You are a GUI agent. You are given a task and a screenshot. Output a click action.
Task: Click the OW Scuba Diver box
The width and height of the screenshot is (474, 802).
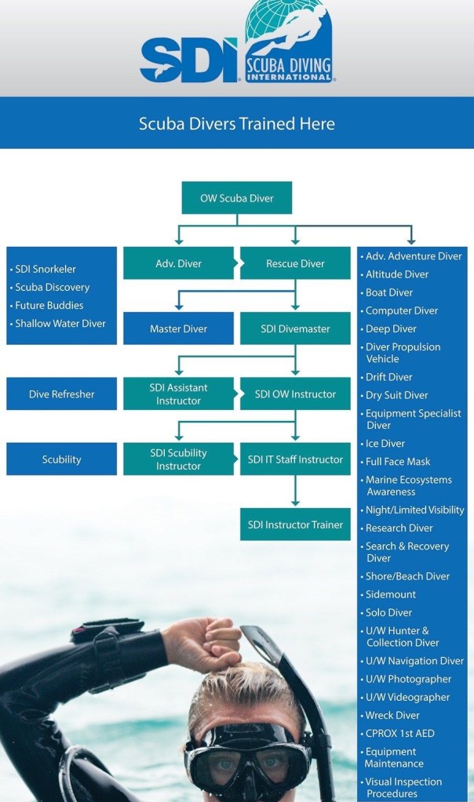[236, 198]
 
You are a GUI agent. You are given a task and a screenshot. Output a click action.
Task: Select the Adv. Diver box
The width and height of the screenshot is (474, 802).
[178, 263]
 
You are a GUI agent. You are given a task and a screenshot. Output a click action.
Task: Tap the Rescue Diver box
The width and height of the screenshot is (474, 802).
[295, 263]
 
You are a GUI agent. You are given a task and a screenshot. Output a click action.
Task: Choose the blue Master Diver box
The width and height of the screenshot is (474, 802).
[178, 328]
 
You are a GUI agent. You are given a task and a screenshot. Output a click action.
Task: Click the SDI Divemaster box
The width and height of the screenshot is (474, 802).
[295, 328]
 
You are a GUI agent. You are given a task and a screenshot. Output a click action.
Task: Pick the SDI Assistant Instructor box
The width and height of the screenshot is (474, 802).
[178, 394]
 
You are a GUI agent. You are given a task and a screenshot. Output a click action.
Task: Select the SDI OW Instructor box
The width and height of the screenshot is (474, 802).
[295, 394]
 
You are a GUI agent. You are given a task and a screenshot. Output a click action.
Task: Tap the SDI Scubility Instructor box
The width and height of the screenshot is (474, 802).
[178, 459]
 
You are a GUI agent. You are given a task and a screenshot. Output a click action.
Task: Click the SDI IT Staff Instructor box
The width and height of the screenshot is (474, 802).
[295, 459]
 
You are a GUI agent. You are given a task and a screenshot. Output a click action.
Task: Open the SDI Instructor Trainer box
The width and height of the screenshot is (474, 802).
[295, 524]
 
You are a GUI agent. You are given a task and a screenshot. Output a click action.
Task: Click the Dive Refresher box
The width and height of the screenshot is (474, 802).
[61, 394]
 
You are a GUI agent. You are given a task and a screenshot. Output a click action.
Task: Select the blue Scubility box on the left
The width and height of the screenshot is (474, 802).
[61, 459]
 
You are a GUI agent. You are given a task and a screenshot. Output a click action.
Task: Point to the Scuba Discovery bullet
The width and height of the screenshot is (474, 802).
[52, 287]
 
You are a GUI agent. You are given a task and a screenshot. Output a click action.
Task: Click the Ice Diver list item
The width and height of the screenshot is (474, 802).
[385, 444]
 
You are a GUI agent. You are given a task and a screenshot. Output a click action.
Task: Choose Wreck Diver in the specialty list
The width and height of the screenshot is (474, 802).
[392, 715]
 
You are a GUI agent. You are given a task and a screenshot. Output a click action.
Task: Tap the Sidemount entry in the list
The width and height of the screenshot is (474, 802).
[390, 594]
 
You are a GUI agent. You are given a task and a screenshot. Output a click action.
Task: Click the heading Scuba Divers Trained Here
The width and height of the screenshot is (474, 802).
[236, 123]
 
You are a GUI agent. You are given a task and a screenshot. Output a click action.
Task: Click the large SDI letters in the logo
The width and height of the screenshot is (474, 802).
[188, 59]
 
